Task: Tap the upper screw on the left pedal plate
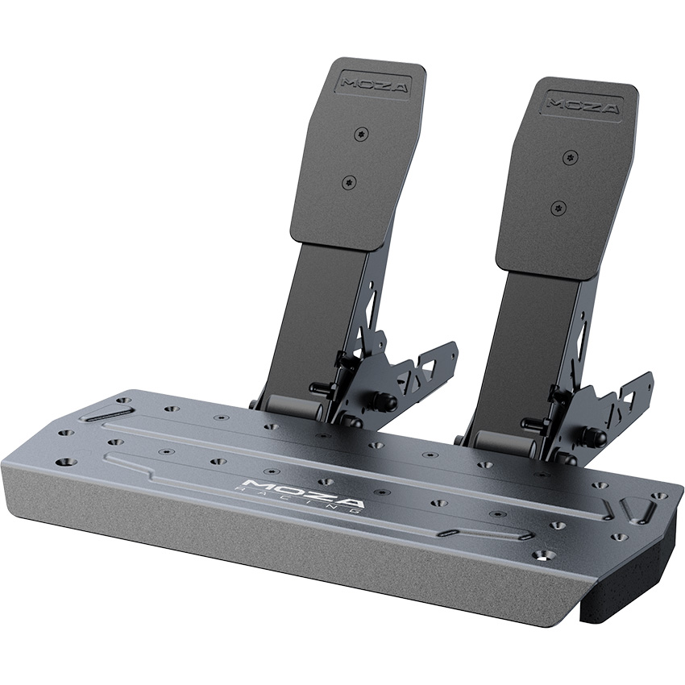(360, 132)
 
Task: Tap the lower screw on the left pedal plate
(348, 181)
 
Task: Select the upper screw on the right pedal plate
(569, 156)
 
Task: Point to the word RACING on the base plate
(297, 500)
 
